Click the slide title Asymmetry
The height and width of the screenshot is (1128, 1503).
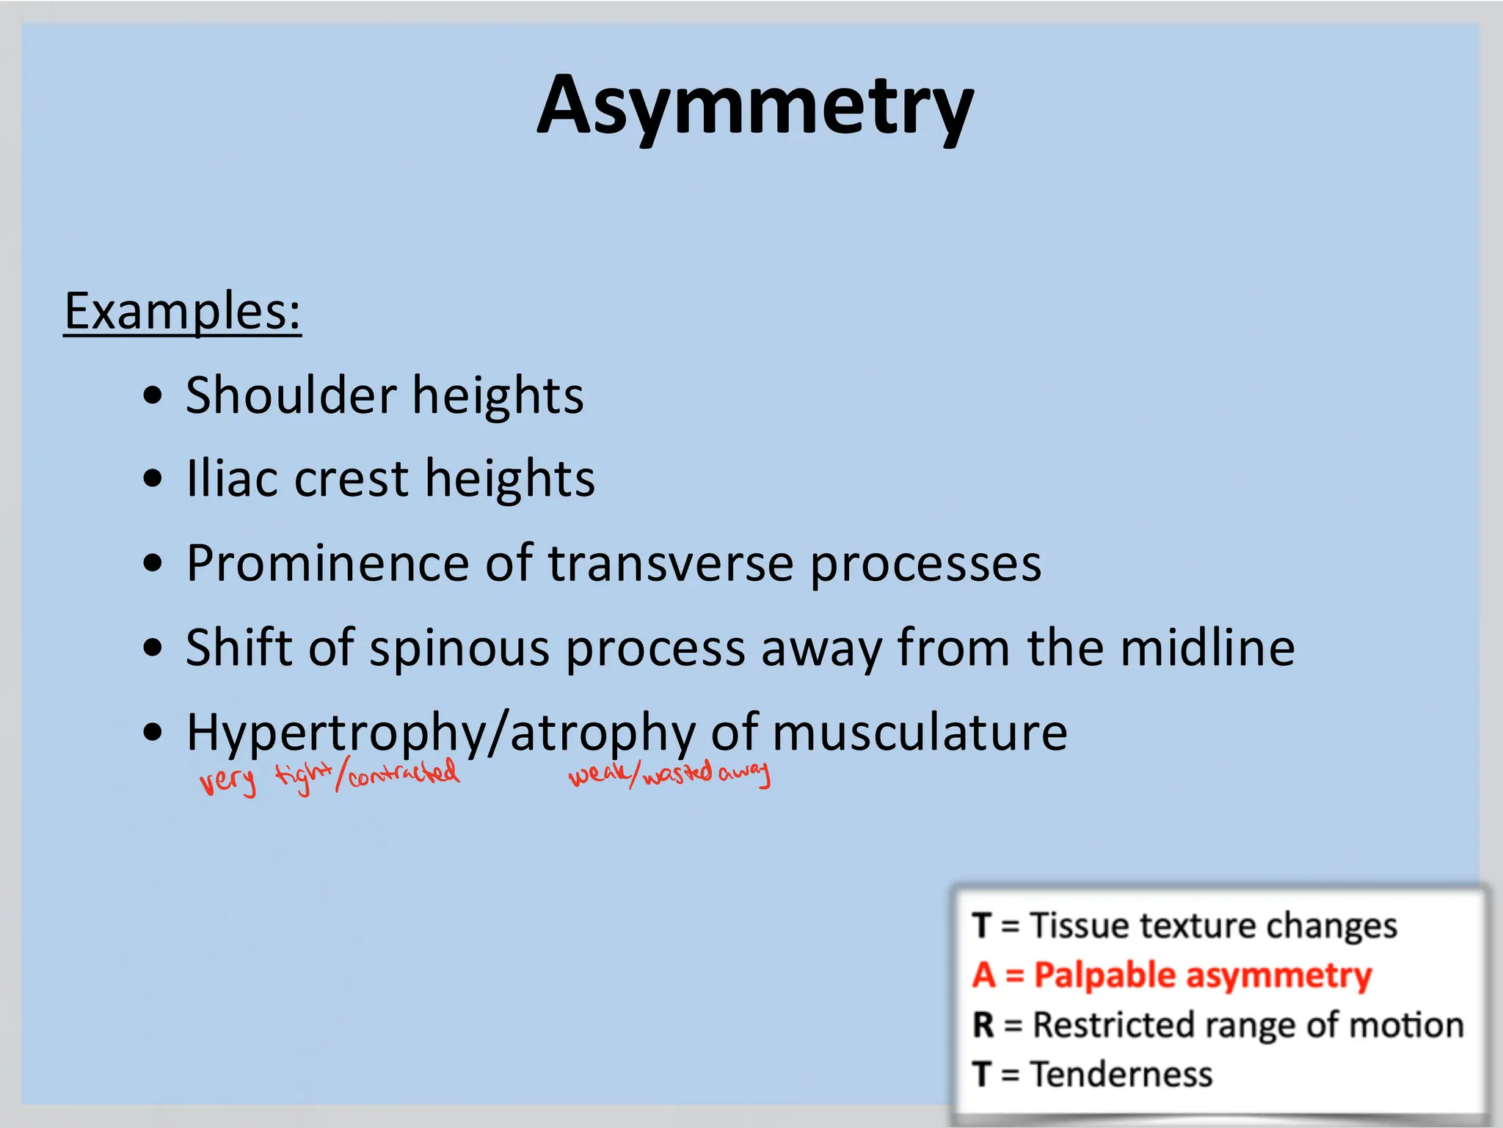[755, 106]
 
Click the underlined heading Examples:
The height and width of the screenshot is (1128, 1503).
[182, 312]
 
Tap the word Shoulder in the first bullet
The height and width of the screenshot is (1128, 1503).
[291, 395]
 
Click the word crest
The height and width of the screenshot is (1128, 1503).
[351, 479]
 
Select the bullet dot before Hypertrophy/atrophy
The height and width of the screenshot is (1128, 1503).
[153, 732]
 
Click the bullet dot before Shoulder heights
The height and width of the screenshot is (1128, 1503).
[153, 395]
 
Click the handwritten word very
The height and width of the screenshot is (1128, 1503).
[228, 782]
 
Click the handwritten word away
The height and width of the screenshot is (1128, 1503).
[744, 773]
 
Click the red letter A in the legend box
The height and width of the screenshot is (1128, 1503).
[983, 975]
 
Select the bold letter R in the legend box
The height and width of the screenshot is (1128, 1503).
[983, 1025]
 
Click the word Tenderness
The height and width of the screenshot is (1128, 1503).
[1121, 1074]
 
